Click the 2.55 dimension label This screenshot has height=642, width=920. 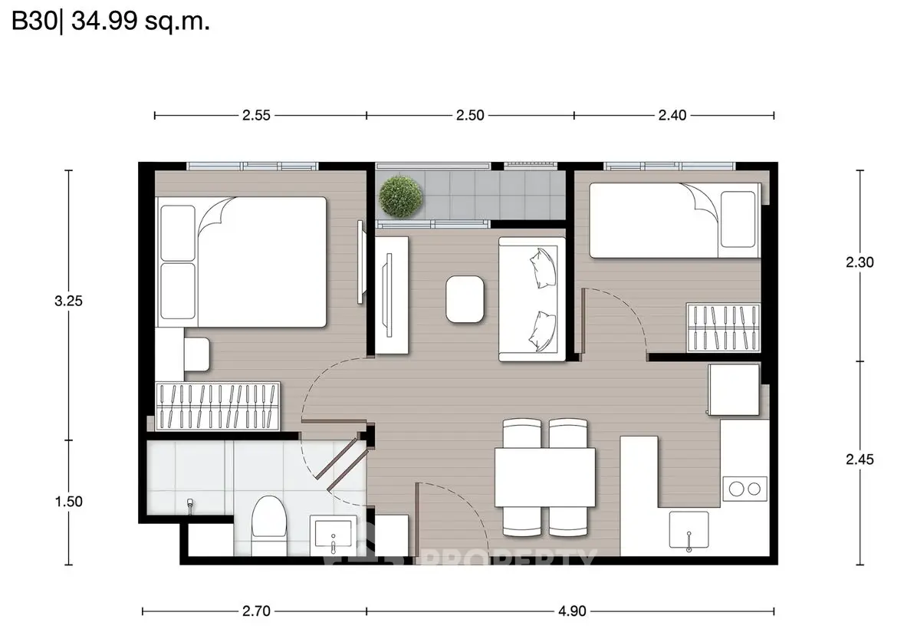coord(256,116)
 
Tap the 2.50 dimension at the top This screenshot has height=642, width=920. coord(469,116)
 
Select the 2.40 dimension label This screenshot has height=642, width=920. coord(672,116)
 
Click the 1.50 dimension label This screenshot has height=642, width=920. coord(68,502)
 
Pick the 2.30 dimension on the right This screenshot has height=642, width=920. coord(859,262)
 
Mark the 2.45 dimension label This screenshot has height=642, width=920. coord(859,459)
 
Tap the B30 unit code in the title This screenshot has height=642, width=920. coord(36,22)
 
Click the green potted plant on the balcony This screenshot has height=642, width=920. coord(400,195)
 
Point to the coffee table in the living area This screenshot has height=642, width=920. coord(465,299)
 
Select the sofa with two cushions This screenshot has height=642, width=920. coord(532,299)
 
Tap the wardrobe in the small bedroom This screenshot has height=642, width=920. coord(723,328)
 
